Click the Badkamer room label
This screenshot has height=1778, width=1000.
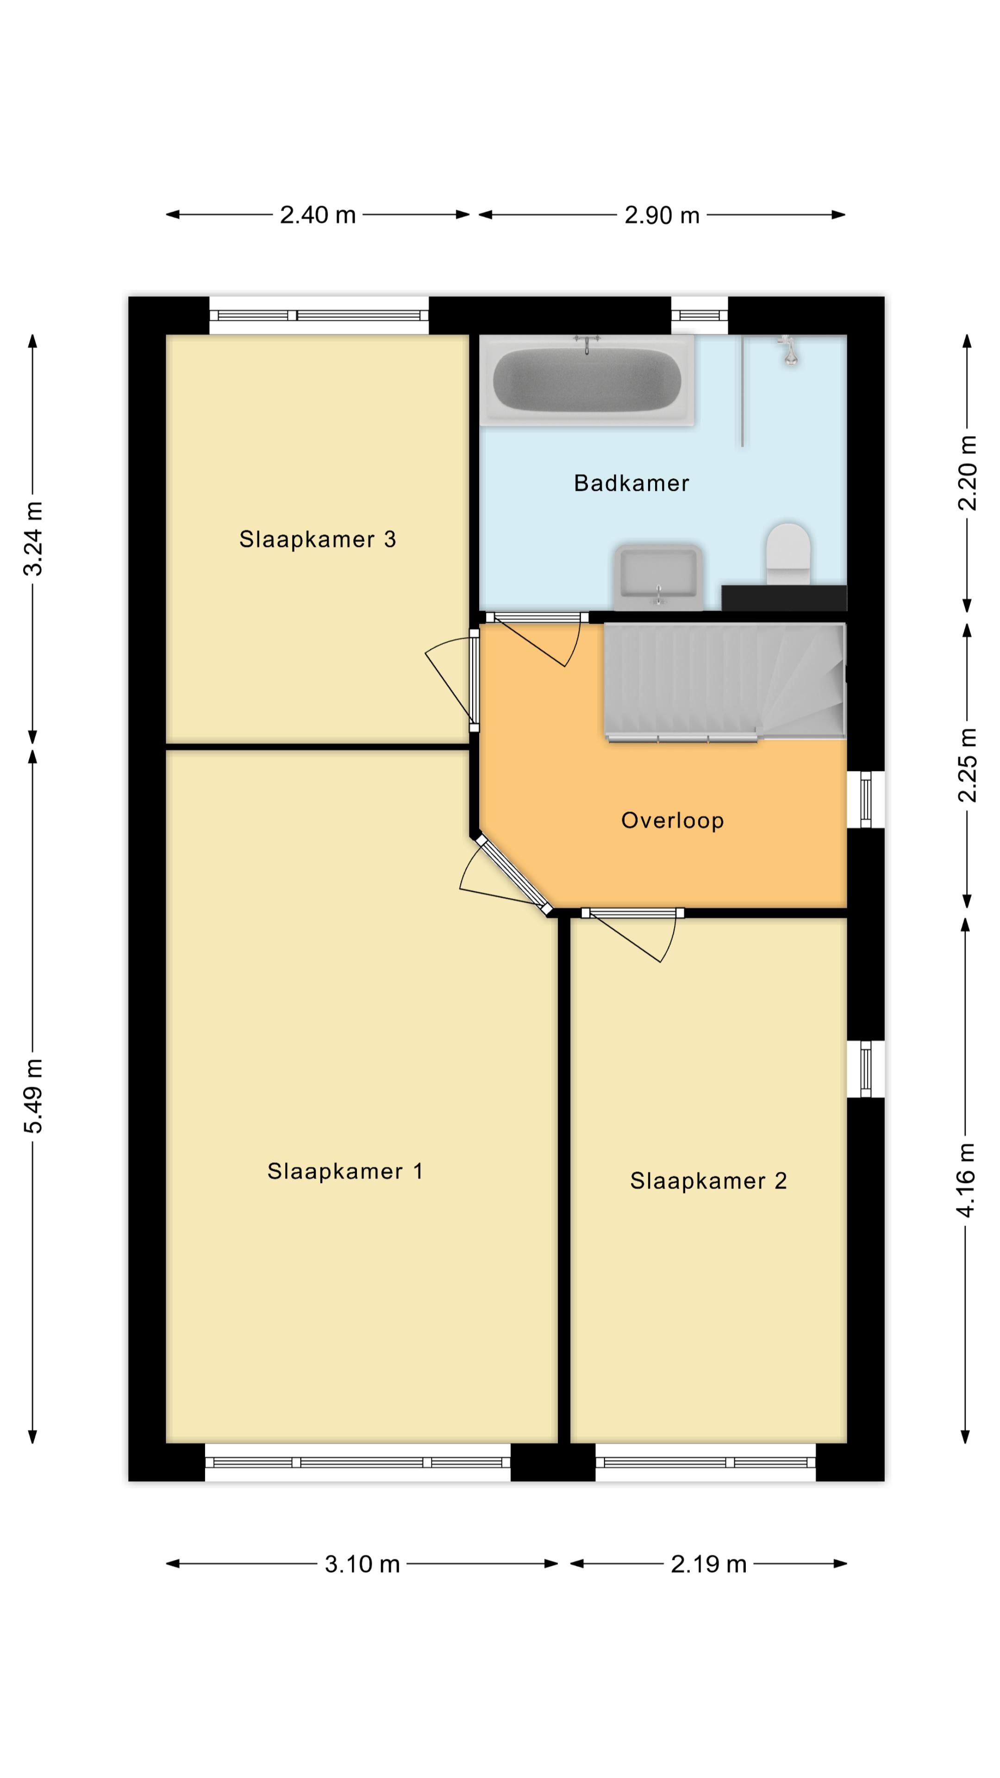[631, 483]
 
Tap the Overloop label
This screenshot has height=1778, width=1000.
[672, 820]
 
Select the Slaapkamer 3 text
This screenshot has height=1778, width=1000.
[318, 539]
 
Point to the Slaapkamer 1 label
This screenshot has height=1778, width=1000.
[345, 1171]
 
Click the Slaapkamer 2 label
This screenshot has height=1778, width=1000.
[708, 1181]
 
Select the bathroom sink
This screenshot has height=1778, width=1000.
[658, 577]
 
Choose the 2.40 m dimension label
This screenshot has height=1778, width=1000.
[318, 215]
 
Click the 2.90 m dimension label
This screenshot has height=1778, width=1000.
[662, 215]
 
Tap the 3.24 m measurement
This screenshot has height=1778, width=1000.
[33, 538]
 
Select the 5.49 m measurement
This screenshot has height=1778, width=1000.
[33, 1096]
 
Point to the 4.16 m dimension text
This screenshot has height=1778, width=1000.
[966, 1180]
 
